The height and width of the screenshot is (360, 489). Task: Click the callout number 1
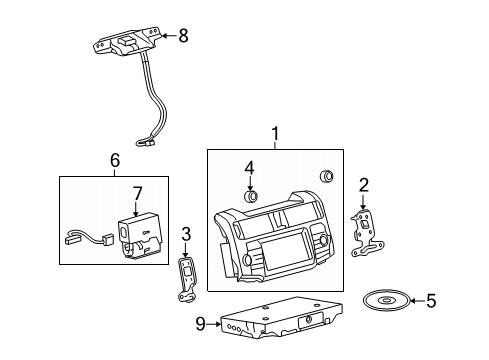275,133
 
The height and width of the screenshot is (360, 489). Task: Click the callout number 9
199,322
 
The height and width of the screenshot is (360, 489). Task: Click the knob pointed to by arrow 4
252,194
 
